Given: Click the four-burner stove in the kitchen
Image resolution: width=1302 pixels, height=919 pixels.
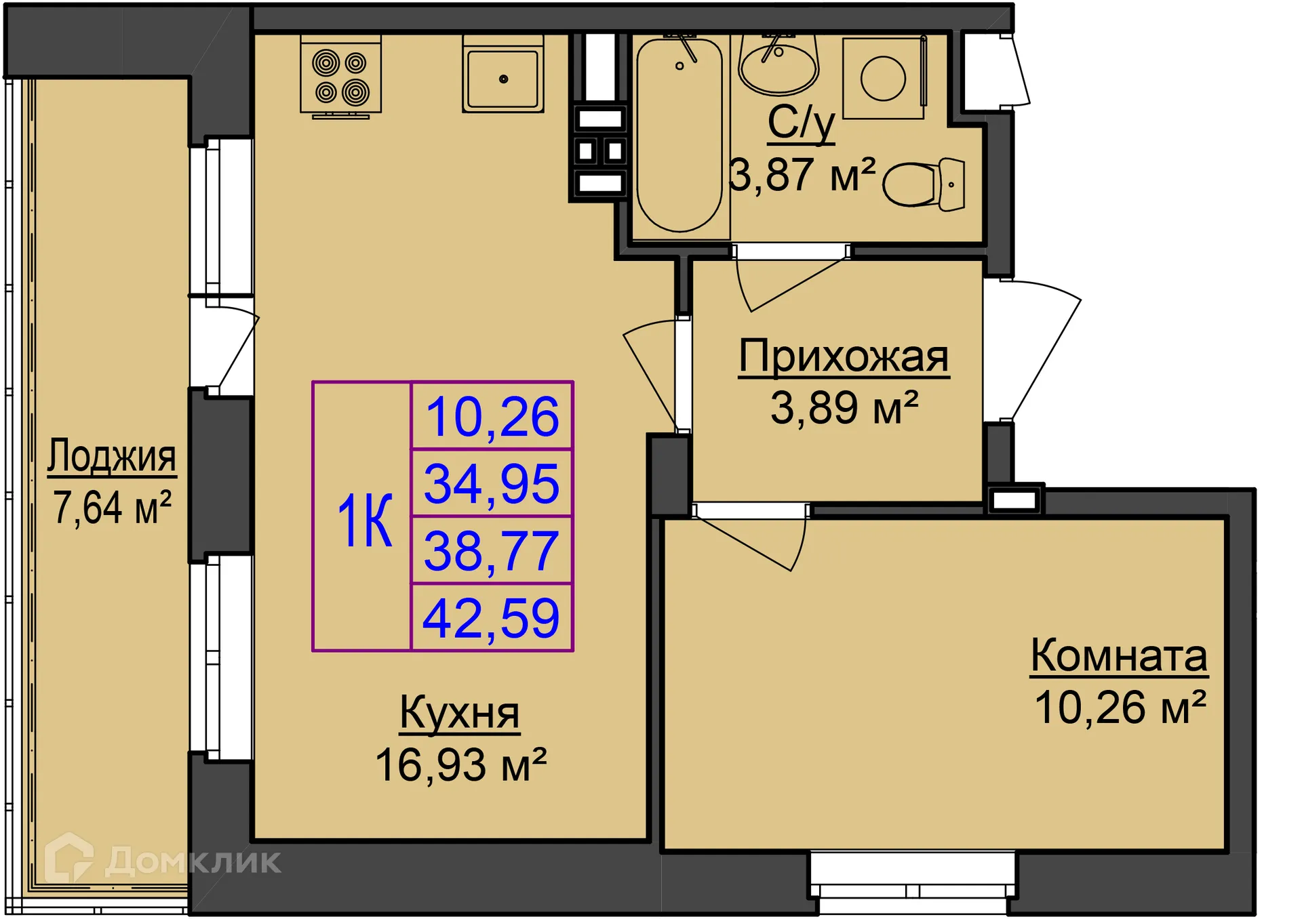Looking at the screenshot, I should pos(340,77).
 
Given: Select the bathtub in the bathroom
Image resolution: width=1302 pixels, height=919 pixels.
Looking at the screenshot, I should pos(679,136).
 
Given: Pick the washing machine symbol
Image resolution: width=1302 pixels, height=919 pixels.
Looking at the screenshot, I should pos(883,78).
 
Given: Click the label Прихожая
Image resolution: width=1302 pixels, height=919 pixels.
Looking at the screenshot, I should pos(843,356).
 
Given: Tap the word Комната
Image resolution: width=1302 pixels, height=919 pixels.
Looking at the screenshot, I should pos(1119,655).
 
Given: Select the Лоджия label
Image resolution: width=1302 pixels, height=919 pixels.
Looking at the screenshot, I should pos(112,455).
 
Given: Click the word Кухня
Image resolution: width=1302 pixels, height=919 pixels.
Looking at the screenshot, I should pos(459,712).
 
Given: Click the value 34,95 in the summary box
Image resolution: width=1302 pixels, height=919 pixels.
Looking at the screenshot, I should pos(492,484).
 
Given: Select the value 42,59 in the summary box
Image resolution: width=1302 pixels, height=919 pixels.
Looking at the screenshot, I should pos(492,618).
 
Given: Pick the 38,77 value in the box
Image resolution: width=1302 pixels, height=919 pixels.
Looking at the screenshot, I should pos(492,551).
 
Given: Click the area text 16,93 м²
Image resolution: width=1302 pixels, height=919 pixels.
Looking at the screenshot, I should pos(460,765).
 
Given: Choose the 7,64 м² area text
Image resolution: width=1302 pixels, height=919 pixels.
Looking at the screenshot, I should pos(112,508).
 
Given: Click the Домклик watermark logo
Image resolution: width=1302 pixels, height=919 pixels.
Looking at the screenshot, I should pos(163,861).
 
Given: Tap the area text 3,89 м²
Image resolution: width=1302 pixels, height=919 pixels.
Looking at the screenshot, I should pos(844,408).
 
